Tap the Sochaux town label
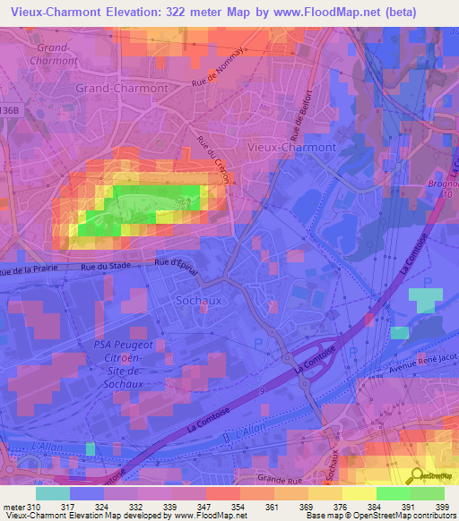click(198, 301)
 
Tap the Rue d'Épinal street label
click(176, 262)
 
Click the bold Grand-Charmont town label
click(121, 89)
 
